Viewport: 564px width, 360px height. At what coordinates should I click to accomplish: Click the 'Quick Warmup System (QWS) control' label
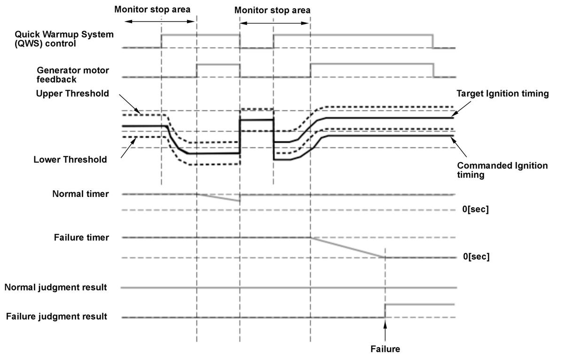pos(64,39)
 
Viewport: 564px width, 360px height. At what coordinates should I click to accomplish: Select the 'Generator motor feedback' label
pos(73,75)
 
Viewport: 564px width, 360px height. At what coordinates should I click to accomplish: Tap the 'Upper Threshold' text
pos(72,94)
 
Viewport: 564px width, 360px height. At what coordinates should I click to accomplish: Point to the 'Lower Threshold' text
pos(70,159)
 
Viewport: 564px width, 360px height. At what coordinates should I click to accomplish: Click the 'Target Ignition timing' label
pos(502,94)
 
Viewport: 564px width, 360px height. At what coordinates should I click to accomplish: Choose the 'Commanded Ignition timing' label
pos(502,170)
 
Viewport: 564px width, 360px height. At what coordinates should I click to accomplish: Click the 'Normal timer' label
pos(80,194)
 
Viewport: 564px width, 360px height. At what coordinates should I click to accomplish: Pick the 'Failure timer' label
pos(81,237)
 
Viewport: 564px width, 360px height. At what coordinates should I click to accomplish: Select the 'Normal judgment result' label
pos(55,287)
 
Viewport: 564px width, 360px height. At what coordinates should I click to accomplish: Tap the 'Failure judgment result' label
pos(57,316)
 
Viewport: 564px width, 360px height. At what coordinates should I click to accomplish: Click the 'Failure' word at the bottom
pos(385,349)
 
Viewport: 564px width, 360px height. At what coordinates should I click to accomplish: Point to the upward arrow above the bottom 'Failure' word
pos(385,331)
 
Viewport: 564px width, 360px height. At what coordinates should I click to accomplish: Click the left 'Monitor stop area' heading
pos(152,9)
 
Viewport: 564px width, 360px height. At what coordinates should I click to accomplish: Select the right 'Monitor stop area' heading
pos(273,10)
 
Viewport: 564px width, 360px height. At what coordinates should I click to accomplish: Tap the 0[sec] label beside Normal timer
pos(475,209)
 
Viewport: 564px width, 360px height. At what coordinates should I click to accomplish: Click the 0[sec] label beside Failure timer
pos(477,257)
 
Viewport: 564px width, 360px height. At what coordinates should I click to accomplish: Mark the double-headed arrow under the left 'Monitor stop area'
pos(160,22)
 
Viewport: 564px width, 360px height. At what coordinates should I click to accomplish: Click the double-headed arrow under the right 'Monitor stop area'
pos(274,23)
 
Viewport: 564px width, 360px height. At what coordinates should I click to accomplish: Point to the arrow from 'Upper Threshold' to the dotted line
pos(130,104)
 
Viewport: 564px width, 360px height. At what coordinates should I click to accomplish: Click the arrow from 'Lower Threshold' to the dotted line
pos(129,147)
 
